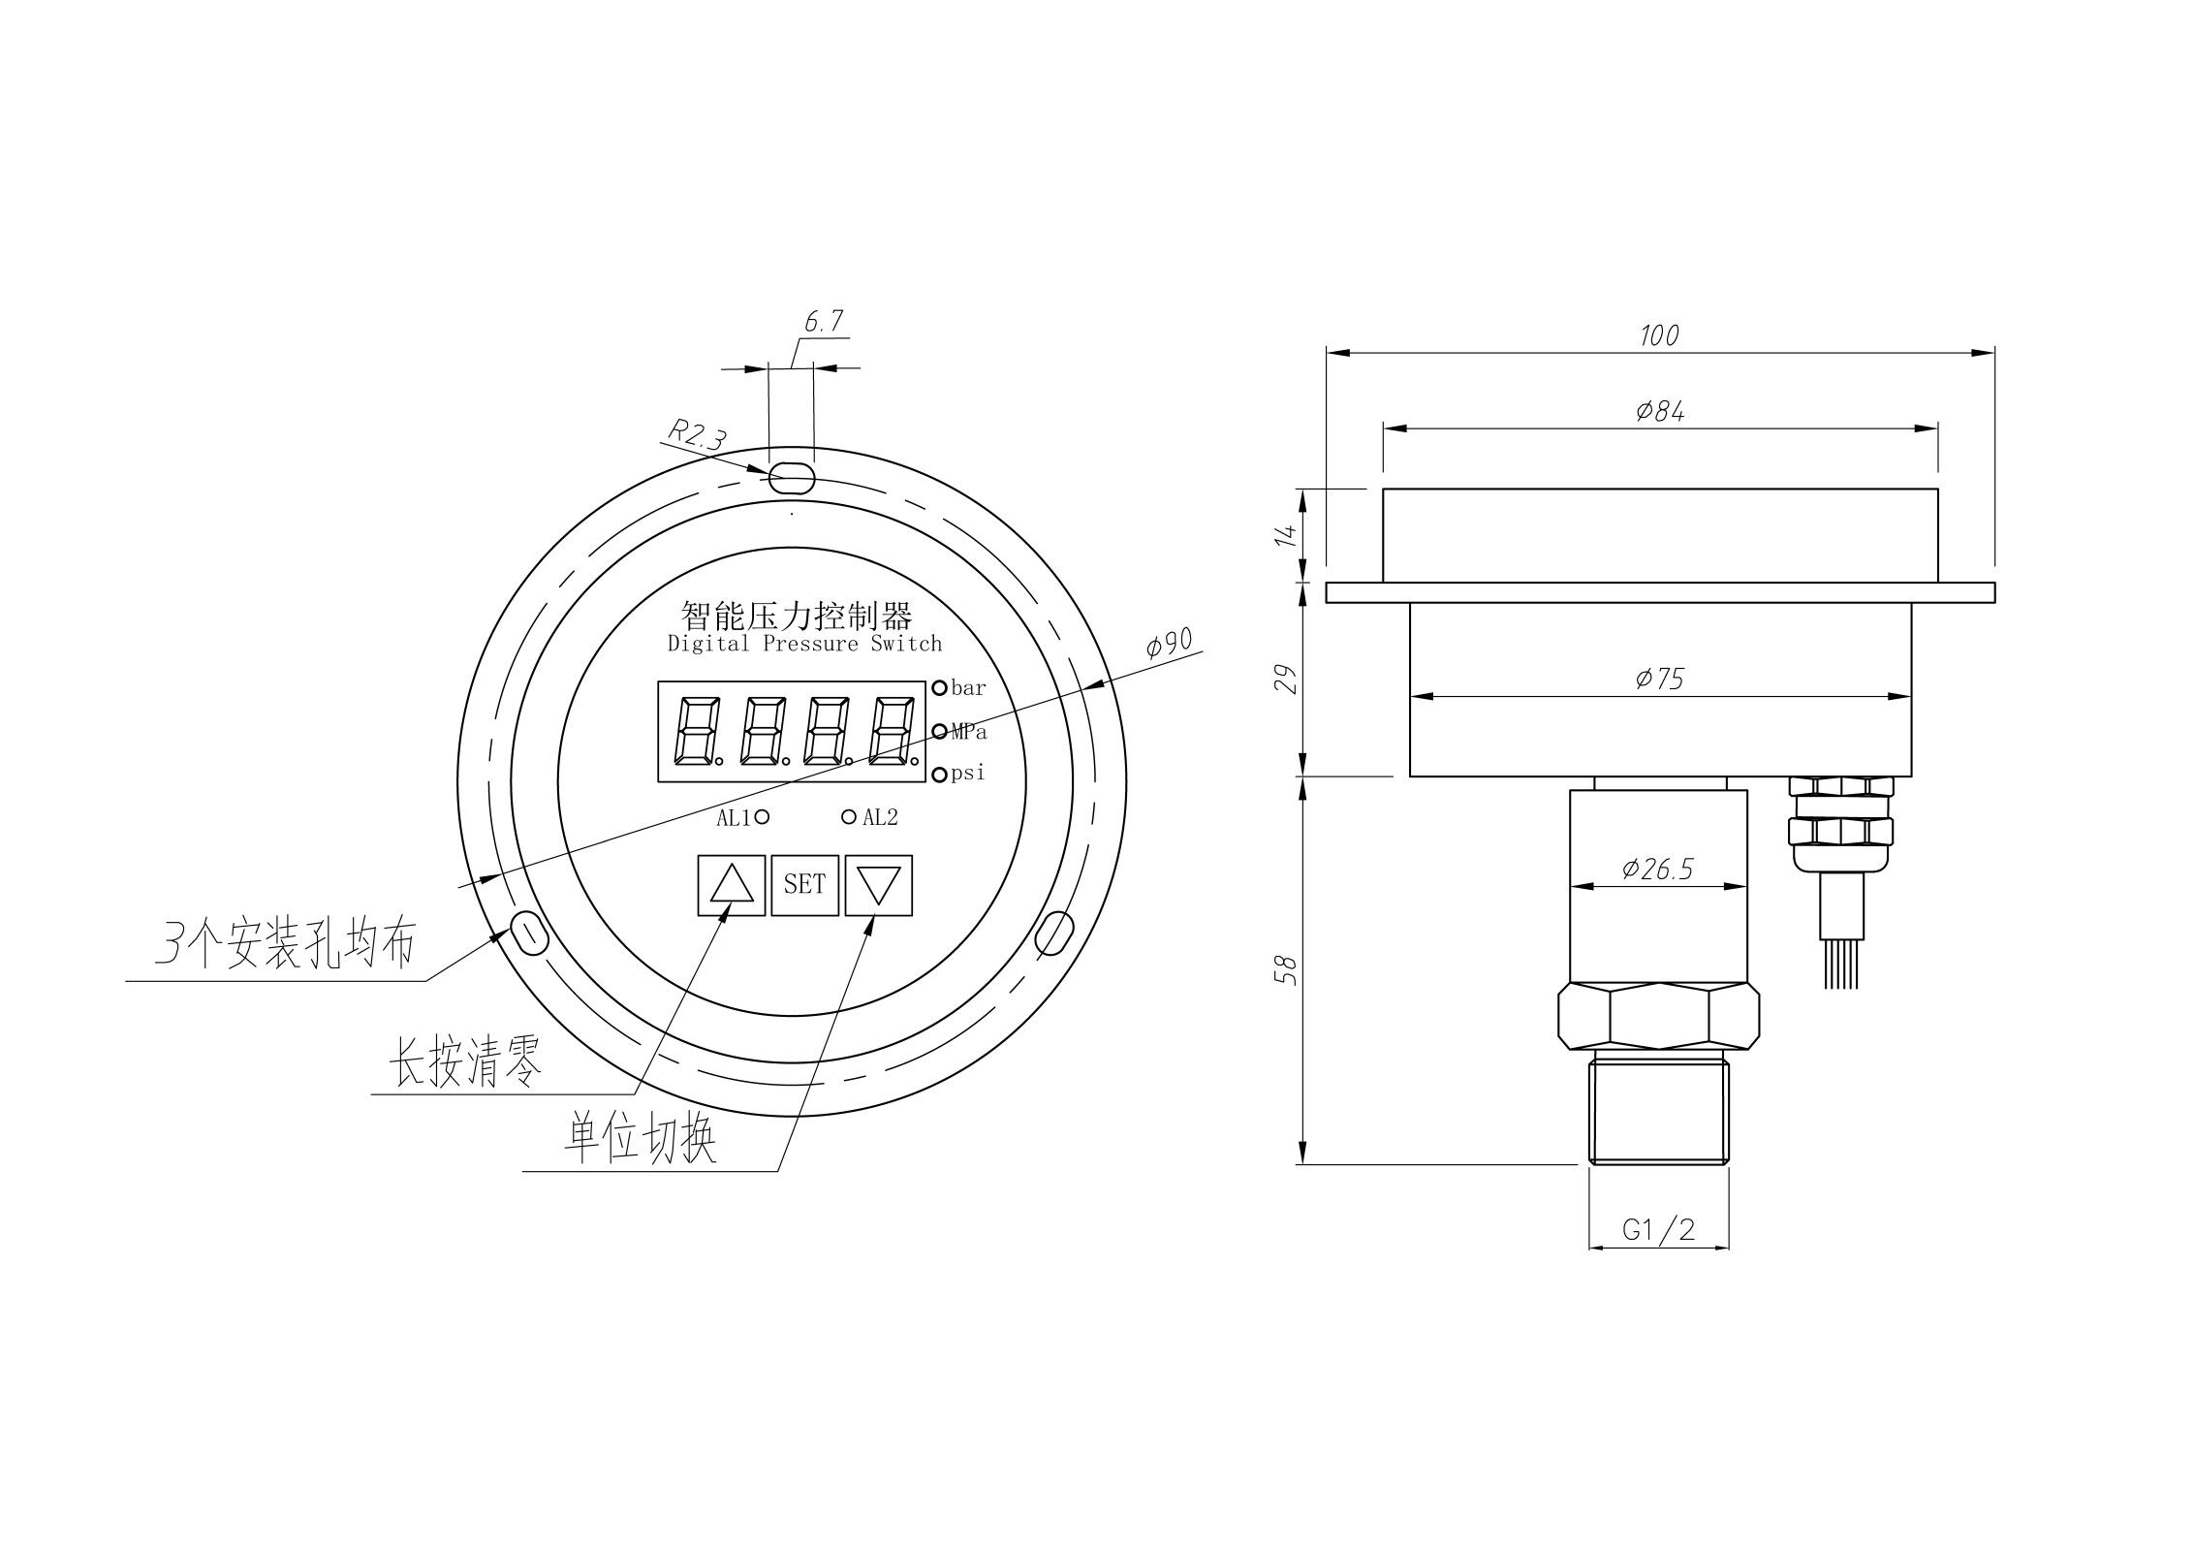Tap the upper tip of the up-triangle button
point(732,866)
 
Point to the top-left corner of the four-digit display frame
point(658,681)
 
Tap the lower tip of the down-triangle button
point(879,905)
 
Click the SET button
point(804,885)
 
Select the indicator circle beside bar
point(939,688)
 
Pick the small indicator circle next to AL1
point(762,817)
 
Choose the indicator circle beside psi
point(939,775)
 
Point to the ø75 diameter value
point(1659,679)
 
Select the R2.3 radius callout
point(697,433)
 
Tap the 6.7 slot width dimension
point(824,321)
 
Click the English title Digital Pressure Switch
point(804,644)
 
